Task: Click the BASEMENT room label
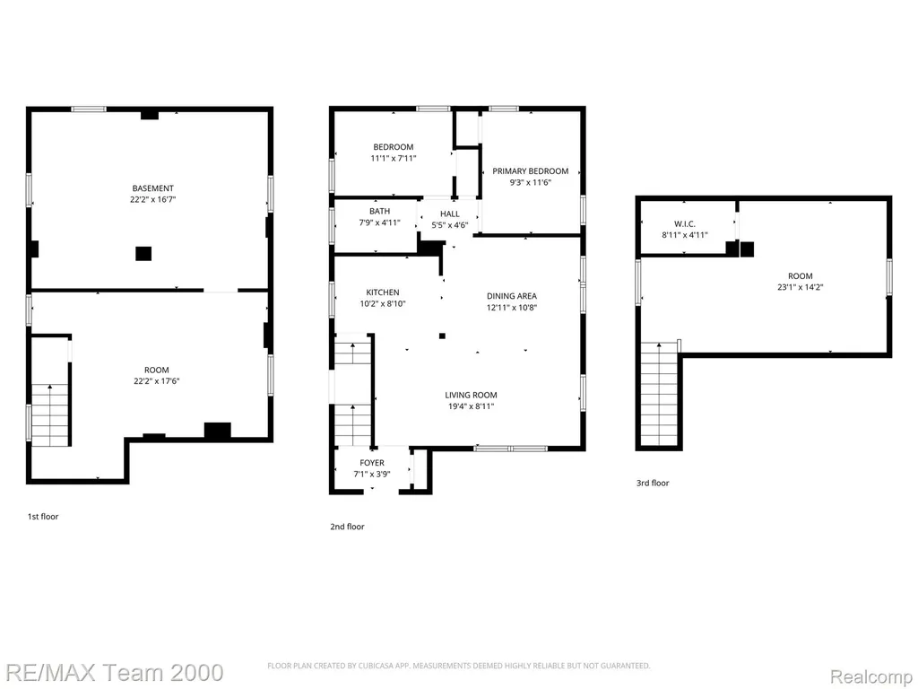click(x=152, y=188)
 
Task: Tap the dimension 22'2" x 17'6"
click(x=156, y=380)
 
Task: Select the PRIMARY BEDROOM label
click(x=531, y=171)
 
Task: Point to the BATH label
click(x=379, y=211)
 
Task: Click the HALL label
click(x=450, y=214)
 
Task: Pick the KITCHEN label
click(x=383, y=292)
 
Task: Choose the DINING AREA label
click(x=512, y=296)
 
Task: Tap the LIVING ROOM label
click(x=471, y=395)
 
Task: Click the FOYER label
click(x=372, y=463)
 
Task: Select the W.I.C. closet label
click(x=684, y=223)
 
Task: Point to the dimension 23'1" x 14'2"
click(x=801, y=287)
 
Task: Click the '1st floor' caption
click(x=43, y=516)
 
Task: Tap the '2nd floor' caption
click(x=347, y=526)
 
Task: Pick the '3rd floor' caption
click(x=653, y=483)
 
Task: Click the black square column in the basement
click(x=143, y=254)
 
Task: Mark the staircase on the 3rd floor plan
click(x=659, y=395)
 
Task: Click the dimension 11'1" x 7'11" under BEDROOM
click(x=394, y=158)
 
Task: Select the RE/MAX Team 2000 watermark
click(x=112, y=672)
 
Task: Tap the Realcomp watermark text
click(x=871, y=676)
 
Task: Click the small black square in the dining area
click(x=443, y=336)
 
